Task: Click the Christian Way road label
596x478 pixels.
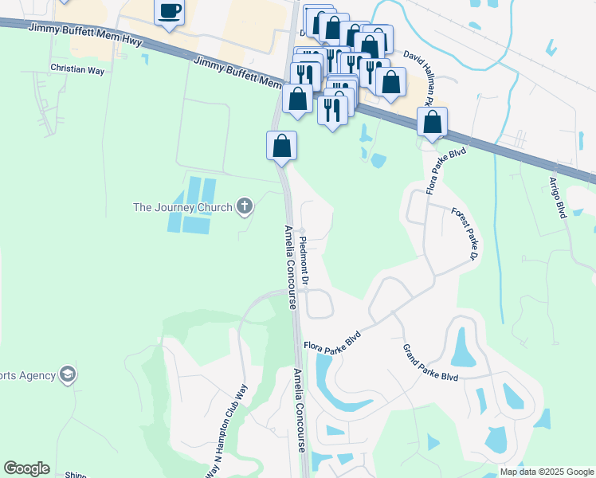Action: pyautogui.click(x=78, y=70)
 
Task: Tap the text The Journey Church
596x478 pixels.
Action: pyautogui.click(x=182, y=208)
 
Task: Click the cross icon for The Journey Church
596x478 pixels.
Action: pyautogui.click(x=245, y=208)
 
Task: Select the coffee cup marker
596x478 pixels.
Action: pyautogui.click(x=170, y=11)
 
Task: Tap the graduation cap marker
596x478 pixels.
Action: pyautogui.click(x=68, y=374)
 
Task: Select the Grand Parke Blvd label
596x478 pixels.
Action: pyautogui.click(x=430, y=362)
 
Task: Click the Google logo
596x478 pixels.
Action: pyautogui.click(x=26, y=468)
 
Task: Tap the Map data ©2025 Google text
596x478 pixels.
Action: pyautogui.click(x=547, y=472)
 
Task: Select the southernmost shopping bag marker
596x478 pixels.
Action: pyautogui.click(x=281, y=146)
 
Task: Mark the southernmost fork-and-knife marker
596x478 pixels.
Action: pyautogui.click(x=333, y=108)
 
